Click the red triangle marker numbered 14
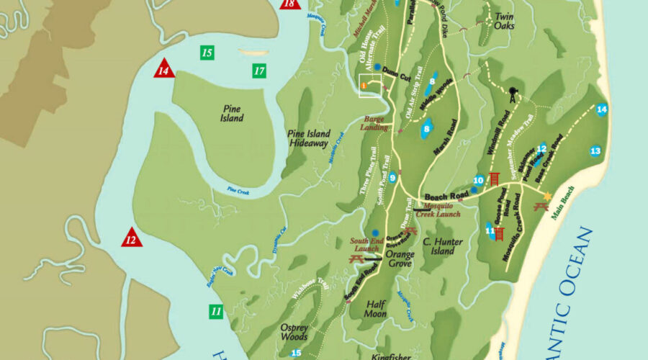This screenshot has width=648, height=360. click(164, 69)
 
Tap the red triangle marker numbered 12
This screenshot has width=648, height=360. click(131, 238)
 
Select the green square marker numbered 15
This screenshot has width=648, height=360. click(207, 53)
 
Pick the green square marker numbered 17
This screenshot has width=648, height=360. click(259, 71)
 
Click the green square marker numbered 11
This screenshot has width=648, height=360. click(216, 312)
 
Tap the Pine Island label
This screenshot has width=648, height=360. click(232, 114)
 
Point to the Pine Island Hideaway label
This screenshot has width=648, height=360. click(309, 138)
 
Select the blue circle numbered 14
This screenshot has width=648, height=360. click(602, 109)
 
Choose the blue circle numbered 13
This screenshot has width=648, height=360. click(595, 150)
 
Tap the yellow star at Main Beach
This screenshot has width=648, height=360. click(547, 196)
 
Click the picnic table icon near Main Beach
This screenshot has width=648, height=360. click(541, 207)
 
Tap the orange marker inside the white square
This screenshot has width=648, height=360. click(364, 86)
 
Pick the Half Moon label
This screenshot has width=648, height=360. click(375, 309)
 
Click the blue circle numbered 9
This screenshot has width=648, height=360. click(393, 179)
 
